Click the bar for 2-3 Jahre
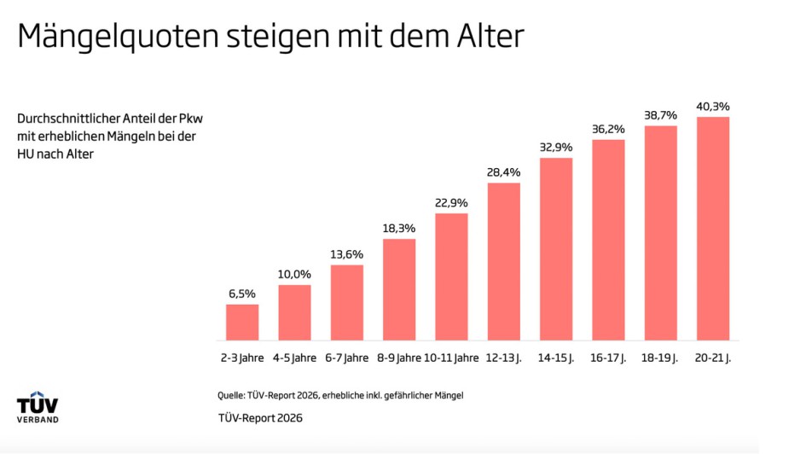coord(242,323)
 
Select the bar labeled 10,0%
coord(294,312)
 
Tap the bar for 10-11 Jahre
coord(451,276)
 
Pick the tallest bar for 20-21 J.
coord(712,229)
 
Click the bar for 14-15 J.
coord(556,249)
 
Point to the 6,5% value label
coord(242,294)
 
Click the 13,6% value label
coord(346,254)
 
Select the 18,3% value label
coord(399,229)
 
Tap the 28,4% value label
coord(503,172)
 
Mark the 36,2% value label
coord(608,129)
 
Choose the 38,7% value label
coord(660,114)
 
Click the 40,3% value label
coord(712,106)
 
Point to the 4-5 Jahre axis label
coord(294,358)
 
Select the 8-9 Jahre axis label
coord(399,358)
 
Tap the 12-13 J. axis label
coord(503,358)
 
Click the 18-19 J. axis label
coord(660,358)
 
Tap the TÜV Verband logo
coord(38,410)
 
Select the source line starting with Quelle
coord(340,395)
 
